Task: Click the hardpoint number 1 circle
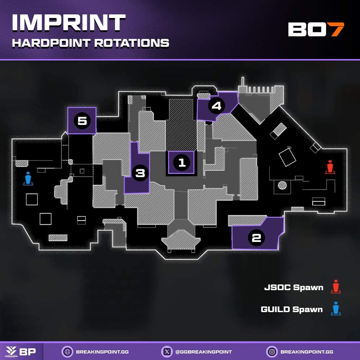(181, 162)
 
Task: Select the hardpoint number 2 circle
(256, 238)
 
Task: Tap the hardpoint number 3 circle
(140, 174)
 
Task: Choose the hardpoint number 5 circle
(82, 121)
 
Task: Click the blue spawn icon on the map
(28, 179)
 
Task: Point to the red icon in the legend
(336, 287)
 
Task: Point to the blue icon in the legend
(336, 309)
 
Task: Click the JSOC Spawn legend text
(293, 288)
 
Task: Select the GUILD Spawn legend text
(292, 309)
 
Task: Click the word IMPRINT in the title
(68, 23)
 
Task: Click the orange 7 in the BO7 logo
(337, 30)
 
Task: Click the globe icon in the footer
(67, 351)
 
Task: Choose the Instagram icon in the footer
(271, 351)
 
